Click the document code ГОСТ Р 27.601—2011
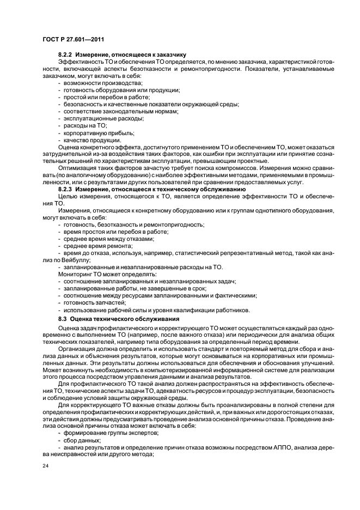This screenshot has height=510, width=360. click(74, 39)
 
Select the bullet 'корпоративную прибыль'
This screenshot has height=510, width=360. click(95, 133)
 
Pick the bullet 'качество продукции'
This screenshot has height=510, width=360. click(92, 140)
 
